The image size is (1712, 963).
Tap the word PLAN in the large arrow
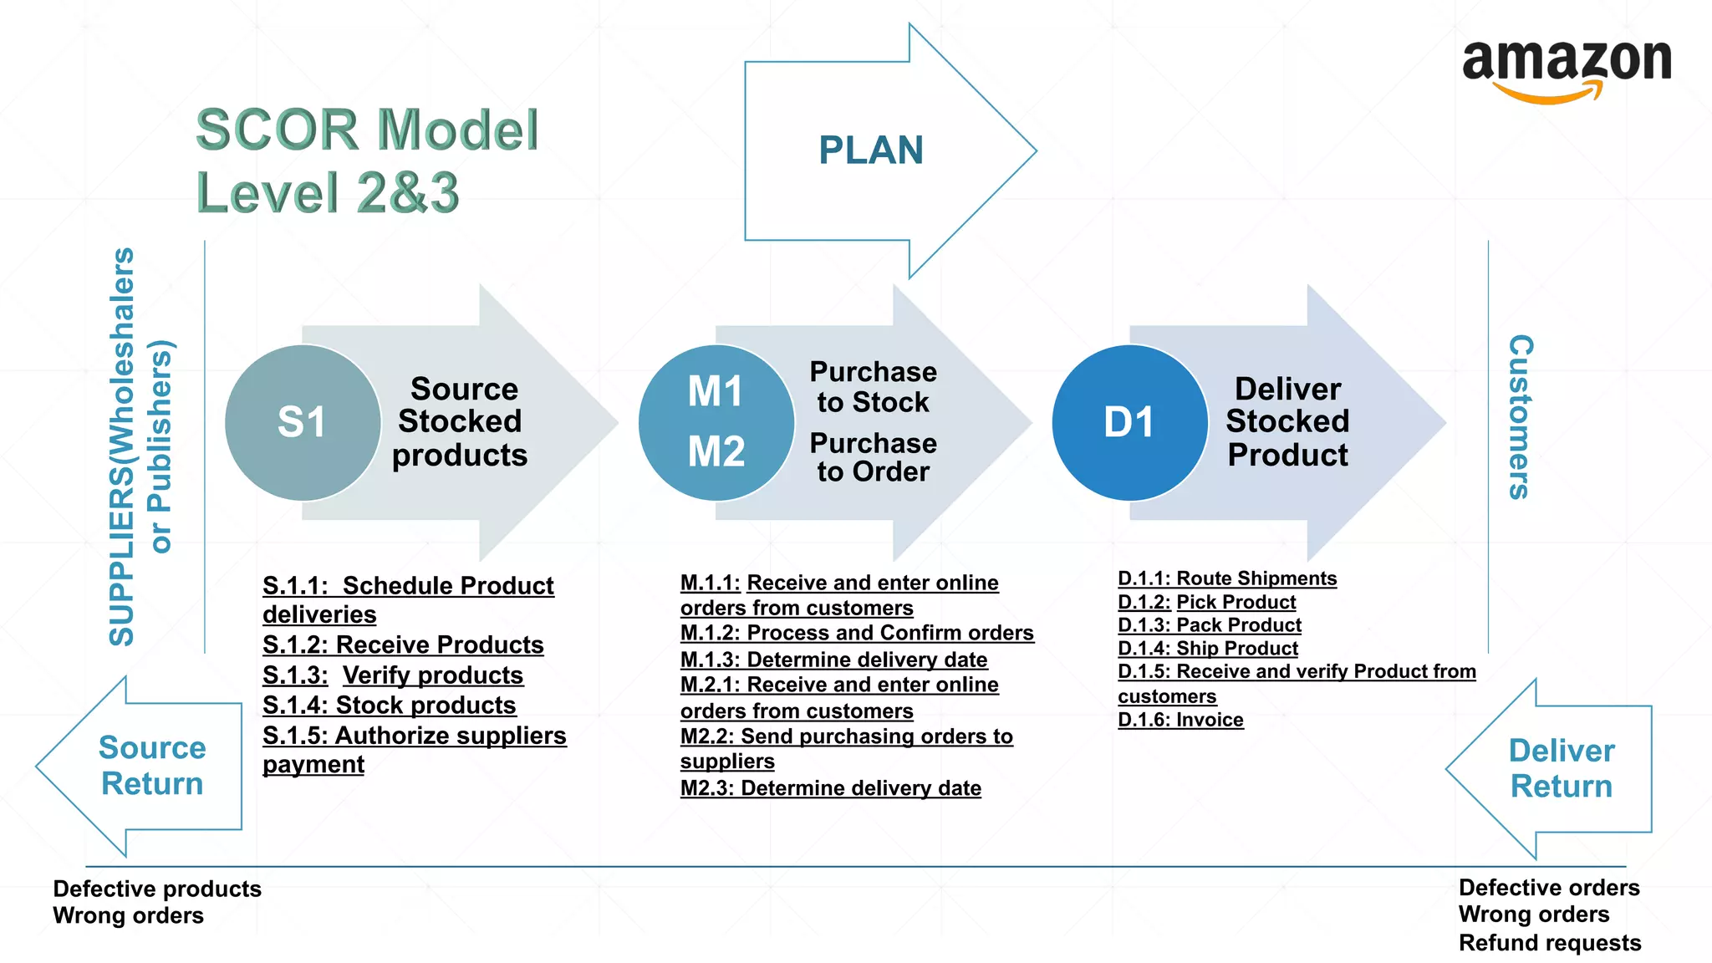(870, 150)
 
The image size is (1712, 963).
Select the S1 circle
(302, 422)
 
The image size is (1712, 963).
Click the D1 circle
(1129, 422)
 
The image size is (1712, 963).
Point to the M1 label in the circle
(716, 391)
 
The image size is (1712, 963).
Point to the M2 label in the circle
(716, 451)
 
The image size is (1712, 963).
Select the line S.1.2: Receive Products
(403, 645)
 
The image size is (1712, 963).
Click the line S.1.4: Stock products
(389, 705)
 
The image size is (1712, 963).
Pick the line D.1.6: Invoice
(1180, 720)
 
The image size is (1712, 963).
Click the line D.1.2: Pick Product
(1206, 602)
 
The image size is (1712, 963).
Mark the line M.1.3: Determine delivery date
(833, 660)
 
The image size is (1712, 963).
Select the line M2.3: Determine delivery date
(830, 788)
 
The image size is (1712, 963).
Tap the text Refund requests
(1549, 943)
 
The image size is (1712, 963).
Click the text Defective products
(157, 889)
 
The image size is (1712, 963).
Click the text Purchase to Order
(873, 457)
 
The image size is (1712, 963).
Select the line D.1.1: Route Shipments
(1226, 578)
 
